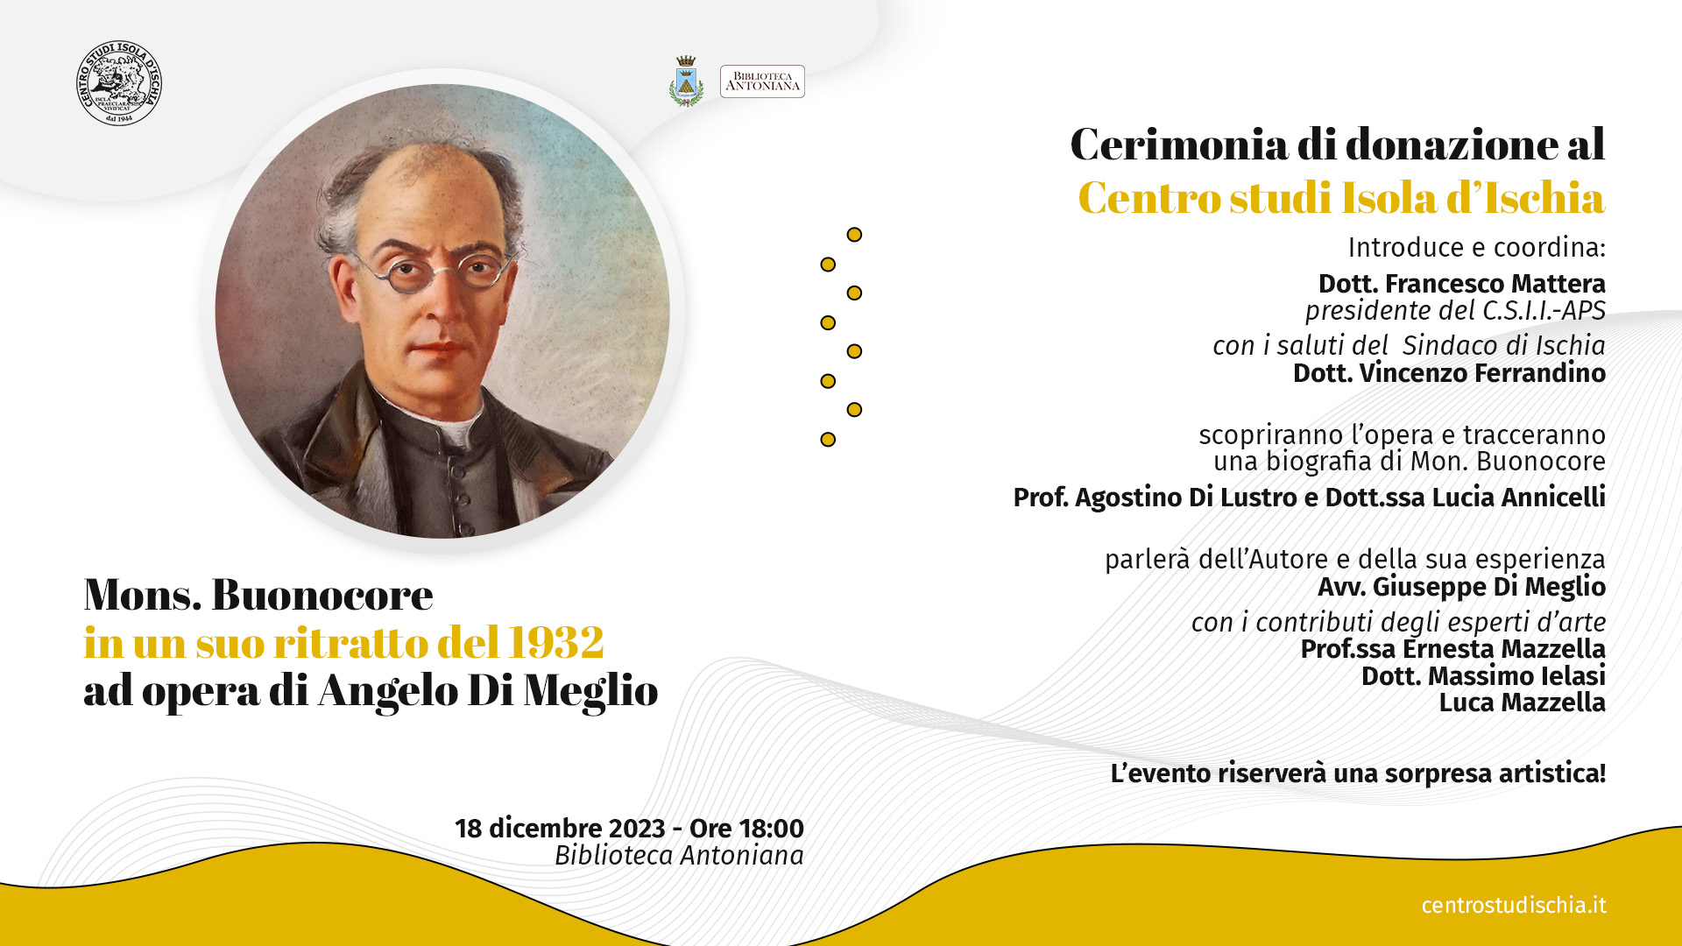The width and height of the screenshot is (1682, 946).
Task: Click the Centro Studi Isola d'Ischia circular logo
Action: (119, 82)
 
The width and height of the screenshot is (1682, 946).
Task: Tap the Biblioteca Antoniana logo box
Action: (762, 81)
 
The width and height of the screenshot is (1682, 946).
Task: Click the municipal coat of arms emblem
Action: (686, 81)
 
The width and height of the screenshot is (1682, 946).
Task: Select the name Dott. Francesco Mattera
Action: (1462, 284)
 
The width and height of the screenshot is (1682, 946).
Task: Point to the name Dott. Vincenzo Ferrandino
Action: (1450, 373)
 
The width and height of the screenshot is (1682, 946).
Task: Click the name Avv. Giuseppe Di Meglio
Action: (1462, 586)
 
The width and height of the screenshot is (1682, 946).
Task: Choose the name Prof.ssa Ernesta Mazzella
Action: (1453, 648)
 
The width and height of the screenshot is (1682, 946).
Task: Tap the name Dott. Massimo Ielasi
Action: (1484, 675)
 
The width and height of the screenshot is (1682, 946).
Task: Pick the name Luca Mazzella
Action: (1523, 702)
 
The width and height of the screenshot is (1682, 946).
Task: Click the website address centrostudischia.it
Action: (1514, 905)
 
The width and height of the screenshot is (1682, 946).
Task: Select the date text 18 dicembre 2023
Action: (560, 828)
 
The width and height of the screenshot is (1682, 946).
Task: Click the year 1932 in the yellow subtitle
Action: (556, 642)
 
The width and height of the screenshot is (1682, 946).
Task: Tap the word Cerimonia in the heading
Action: (1178, 144)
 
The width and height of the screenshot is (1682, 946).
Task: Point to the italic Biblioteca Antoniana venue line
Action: (679, 855)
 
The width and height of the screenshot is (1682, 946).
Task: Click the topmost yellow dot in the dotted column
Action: (854, 235)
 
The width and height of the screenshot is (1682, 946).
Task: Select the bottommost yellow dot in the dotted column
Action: (828, 440)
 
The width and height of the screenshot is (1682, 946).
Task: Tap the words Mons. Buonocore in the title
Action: (258, 595)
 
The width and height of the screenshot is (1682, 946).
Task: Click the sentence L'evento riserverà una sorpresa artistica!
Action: (1358, 773)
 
